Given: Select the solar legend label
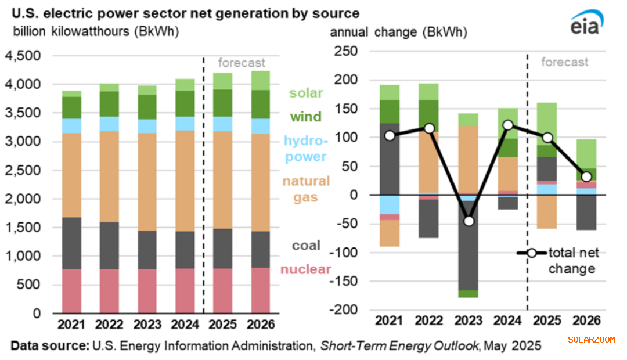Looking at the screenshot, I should (307, 93).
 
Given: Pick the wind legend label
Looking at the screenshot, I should (307, 117).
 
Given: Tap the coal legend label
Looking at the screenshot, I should (306, 246).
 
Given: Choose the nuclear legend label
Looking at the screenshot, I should (306, 269).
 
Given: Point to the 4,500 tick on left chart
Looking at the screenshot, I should (24, 56).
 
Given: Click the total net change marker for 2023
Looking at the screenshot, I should (469, 221).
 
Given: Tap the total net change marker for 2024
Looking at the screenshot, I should (507, 125).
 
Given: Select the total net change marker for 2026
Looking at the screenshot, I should (586, 177).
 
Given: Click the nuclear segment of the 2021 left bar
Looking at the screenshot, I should (71, 291).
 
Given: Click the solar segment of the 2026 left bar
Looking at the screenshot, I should (260, 81).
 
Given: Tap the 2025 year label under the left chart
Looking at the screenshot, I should (222, 324).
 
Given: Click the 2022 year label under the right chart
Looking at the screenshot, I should (430, 324).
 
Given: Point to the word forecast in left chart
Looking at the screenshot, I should (242, 62).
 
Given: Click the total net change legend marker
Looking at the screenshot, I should (531, 253).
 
